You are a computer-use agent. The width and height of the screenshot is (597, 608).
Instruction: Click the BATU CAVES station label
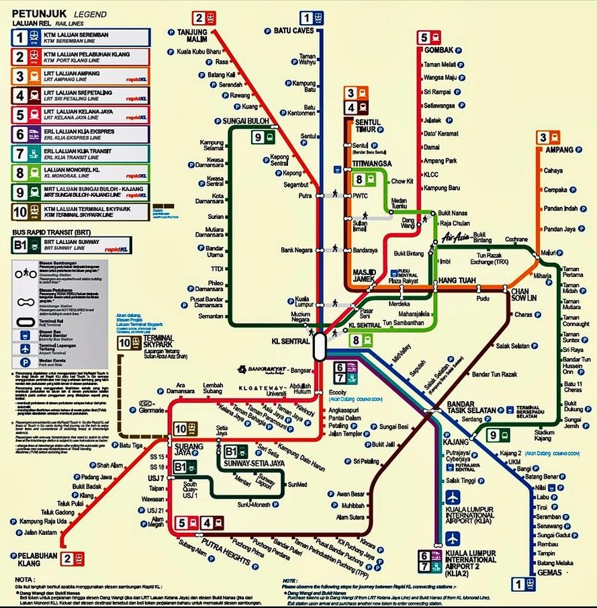coord(295,30)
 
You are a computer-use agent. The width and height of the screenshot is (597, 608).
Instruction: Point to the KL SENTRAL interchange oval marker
coord(319,347)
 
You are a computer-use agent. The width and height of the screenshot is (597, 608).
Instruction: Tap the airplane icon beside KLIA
coord(453,497)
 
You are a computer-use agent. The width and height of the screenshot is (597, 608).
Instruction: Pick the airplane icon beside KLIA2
coord(453,538)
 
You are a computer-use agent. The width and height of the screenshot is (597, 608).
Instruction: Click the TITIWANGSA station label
coord(371,163)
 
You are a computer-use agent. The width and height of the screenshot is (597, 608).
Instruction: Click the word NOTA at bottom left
coord(24,578)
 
